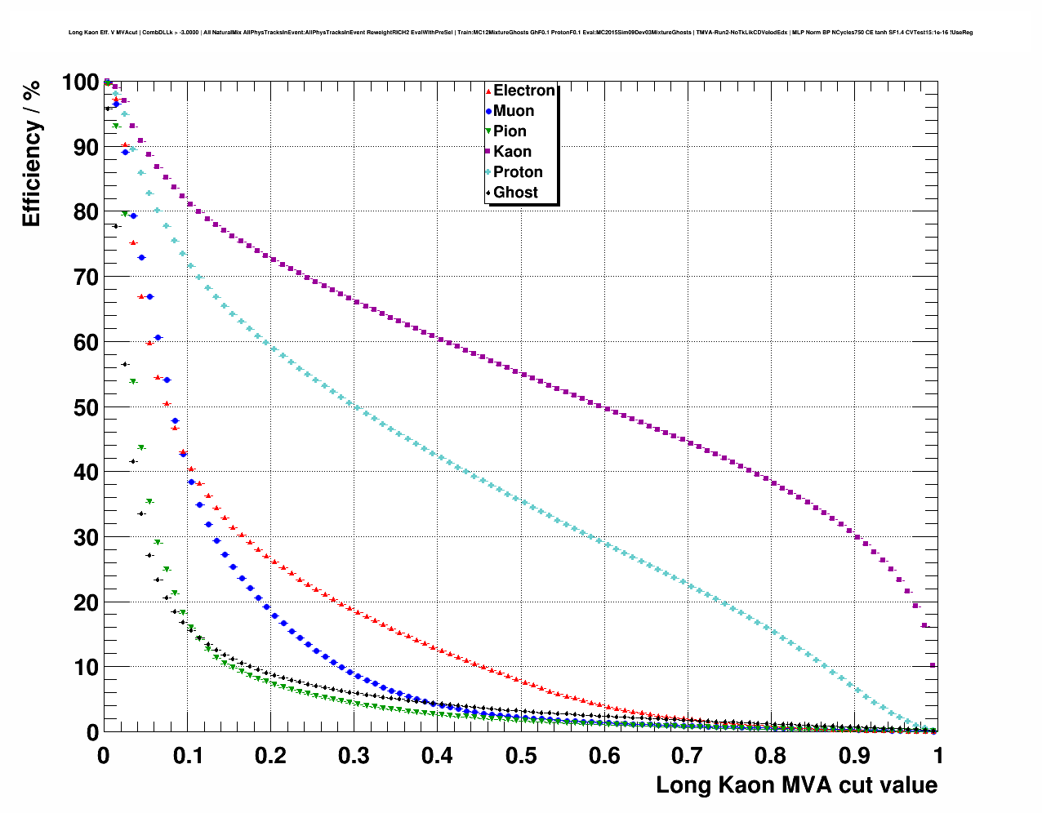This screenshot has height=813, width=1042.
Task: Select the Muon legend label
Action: (514, 111)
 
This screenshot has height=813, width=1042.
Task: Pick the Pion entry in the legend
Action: (510, 131)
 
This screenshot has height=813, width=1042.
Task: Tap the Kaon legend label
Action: (512, 152)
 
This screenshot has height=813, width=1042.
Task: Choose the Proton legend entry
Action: (518, 172)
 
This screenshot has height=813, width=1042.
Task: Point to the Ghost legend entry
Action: (515, 193)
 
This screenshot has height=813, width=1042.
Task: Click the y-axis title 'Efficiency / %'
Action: (31, 153)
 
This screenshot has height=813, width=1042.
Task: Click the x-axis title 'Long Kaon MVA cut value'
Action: (796, 785)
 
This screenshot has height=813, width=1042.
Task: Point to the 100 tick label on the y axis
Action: (80, 82)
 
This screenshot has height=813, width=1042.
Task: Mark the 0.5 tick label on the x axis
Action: (521, 756)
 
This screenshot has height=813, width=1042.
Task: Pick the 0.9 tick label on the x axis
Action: (855, 756)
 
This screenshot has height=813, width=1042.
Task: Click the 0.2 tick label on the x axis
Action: (270, 756)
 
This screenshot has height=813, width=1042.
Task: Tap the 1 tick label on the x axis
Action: (938, 756)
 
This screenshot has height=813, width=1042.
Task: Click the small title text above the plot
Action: (521, 33)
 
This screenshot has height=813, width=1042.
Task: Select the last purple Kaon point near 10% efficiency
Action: (933, 665)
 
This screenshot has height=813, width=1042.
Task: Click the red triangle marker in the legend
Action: (488, 91)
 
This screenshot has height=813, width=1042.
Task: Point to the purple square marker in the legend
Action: (488, 152)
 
